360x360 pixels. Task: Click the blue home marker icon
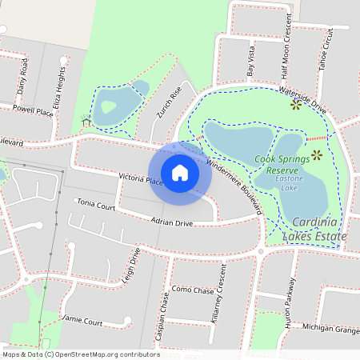coord(180,172)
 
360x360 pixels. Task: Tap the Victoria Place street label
coord(141,179)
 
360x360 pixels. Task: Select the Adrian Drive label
coord(172,223)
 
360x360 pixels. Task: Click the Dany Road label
coord(22,78)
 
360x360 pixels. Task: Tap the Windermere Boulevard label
coord(234,183)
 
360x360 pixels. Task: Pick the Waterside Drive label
coord(303,98)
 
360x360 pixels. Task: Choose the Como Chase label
coord(193,290)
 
